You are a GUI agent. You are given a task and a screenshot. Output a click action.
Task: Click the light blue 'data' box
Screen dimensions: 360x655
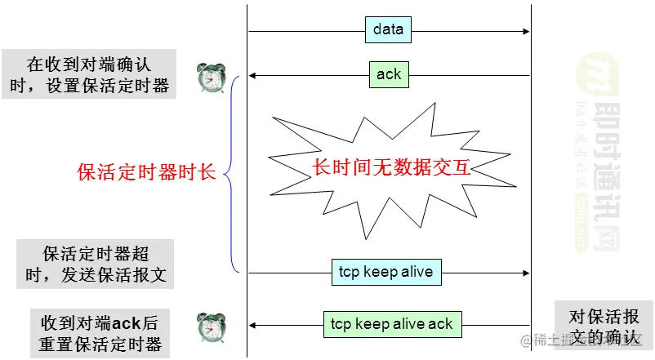coord(388,30)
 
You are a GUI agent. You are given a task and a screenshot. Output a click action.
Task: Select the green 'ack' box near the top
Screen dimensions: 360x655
coord(389,74)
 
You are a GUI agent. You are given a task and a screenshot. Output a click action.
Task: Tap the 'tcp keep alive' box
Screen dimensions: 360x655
coord(386,272)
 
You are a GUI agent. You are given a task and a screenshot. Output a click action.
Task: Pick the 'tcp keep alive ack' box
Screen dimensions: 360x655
coord(392,323)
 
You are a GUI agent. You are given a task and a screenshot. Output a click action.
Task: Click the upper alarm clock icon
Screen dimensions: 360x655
coord(210,78)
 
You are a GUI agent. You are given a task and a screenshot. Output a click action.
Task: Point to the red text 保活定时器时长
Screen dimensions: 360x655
coord(146,172)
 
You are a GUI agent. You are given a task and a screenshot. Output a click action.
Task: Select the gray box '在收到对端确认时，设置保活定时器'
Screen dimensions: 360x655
coord(89,74)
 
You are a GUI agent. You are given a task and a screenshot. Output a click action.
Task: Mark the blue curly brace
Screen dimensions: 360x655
coord(232,172)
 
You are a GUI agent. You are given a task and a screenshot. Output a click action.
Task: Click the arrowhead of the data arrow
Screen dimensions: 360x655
coord(525,31)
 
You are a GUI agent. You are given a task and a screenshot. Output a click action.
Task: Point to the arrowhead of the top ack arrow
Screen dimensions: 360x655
coord(253,76)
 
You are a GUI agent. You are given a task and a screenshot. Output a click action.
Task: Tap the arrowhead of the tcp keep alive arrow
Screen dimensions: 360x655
coord(525,273)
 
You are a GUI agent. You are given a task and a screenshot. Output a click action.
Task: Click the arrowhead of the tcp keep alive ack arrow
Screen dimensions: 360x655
coord(253,324)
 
